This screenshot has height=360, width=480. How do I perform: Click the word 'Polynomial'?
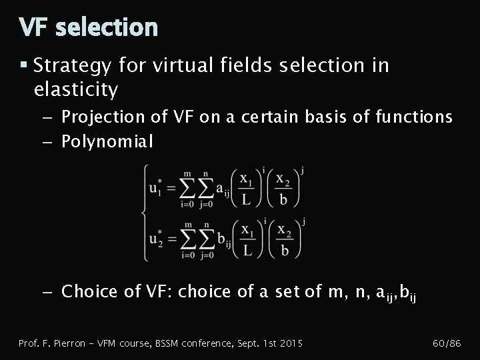coord(107,141)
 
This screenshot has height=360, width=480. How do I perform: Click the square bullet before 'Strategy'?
coord(24,65)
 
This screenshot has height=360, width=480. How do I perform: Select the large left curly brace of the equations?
coord(143,213)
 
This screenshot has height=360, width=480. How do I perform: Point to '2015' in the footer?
coord(291,343)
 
